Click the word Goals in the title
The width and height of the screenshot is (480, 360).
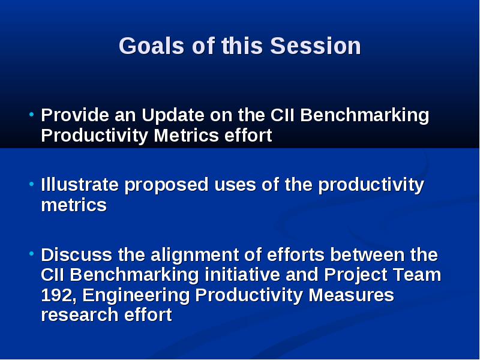tap(152, 46)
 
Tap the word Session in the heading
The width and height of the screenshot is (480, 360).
tap(316, 46)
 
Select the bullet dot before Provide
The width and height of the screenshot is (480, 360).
tap(31, 115)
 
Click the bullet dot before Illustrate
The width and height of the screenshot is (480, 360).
tap(31, 184)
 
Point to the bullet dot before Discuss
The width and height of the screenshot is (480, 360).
tap(31, 254)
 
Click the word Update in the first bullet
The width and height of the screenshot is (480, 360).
tap(173, 116)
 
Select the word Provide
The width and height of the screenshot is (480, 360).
tap(75, 115)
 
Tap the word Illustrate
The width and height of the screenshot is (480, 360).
tap(80, 185)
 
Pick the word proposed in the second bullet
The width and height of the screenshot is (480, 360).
tap(167, 186)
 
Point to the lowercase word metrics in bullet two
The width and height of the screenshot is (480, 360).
tap(74, 205)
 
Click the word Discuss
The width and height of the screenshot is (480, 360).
tap(77, 254)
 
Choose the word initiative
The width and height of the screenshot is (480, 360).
tap(242, 275)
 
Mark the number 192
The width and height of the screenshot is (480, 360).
tap(58, 296)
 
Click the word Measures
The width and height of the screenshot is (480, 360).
tap(351, 295)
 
